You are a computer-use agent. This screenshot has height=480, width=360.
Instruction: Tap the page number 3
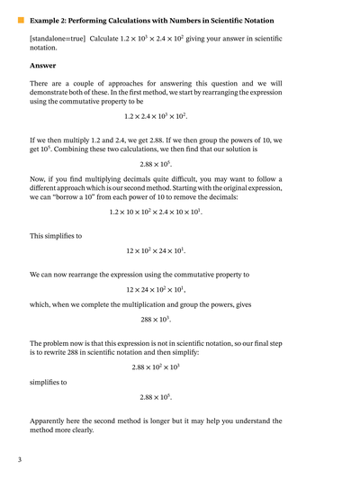point(19,460)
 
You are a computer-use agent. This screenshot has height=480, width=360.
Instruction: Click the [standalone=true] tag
point(57,39)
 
